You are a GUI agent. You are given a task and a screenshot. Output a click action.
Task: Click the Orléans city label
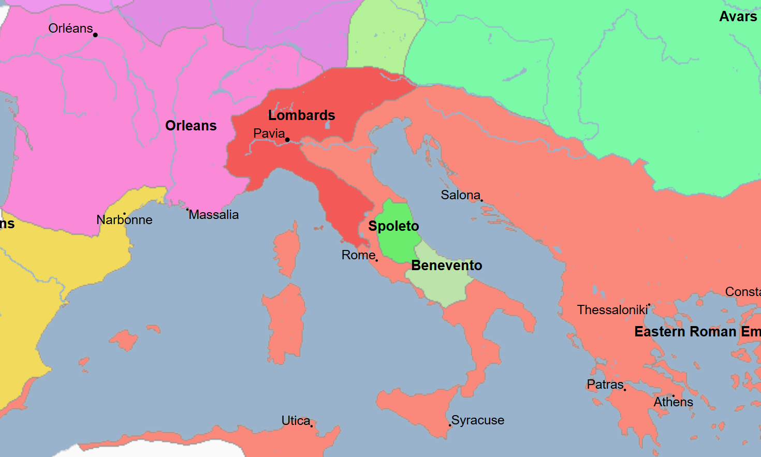[x=70, y=28]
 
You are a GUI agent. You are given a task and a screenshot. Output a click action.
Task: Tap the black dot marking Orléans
[x=95, y=35]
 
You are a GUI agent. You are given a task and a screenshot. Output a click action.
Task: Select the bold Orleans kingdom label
[x=191, y=126]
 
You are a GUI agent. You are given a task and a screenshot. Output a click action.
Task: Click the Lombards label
[x=301, y=115]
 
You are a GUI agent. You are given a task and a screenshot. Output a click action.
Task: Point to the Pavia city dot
[x=287, y=140]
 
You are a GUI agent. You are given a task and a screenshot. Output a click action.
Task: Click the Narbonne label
[x=124, y=220]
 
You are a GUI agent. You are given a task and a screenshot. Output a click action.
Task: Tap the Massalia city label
[x=214, y=215]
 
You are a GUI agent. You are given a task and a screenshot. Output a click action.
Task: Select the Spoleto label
[x=393, y=226]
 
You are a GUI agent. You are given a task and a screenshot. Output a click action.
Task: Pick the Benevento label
[x=446, y=266]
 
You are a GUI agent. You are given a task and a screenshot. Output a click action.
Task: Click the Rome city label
[x=358, y=255]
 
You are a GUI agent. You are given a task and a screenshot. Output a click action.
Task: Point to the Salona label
[x=460, y=195]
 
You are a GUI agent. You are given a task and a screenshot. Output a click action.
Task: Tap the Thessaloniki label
[x=612, y=310]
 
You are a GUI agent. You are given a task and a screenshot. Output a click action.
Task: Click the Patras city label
[x=605, y=385]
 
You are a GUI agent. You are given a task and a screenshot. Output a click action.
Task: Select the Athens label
[x=673, y=402]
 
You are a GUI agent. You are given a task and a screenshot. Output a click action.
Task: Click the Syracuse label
[x=478, y=420]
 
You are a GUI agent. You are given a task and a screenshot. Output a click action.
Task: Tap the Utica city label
[x=296, y=421]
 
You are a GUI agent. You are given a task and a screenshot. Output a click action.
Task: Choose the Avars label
[x=738, y=17]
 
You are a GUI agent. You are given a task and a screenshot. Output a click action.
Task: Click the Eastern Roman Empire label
[x=697, y=332]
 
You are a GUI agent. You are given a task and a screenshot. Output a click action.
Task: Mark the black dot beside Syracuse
[x=450, y=425]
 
